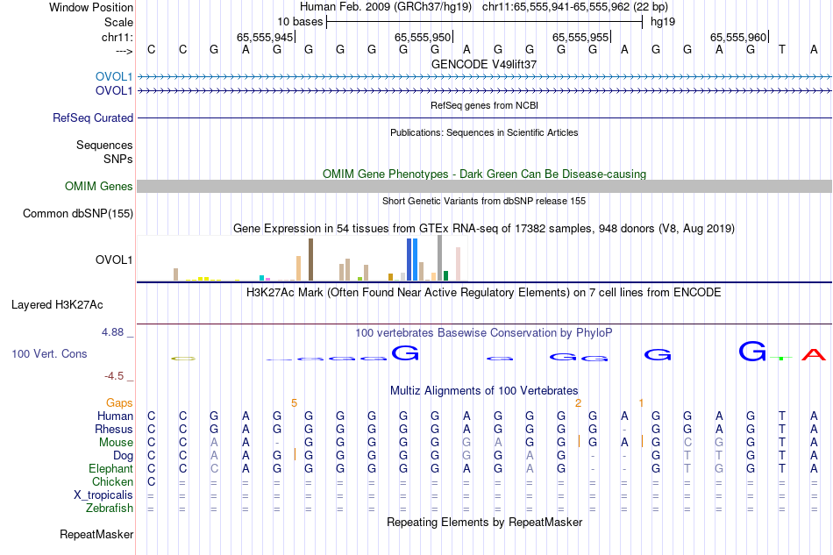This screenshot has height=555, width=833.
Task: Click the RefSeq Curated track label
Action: click(93, 117)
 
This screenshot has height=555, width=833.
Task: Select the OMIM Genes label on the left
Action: click(99, 186)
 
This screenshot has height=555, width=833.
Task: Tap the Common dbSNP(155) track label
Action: click(78, 213)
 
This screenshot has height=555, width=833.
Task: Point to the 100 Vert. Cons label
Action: click(50, 353)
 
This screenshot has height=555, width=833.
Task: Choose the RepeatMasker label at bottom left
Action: click(96, 534)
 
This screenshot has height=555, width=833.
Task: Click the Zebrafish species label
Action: click(110, 508)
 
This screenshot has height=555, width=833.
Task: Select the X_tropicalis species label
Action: click(103, 495)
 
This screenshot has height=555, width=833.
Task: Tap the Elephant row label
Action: click(110, 468)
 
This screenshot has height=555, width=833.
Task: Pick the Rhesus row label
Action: click(114, 430)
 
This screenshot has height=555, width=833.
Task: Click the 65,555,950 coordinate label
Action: click(423, 37)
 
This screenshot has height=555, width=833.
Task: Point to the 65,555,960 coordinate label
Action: click(738, 37)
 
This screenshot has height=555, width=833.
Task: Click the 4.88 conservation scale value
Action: click(113, 332)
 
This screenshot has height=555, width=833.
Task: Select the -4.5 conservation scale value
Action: click(114, 376)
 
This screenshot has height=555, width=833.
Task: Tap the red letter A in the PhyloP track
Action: click(815, 354)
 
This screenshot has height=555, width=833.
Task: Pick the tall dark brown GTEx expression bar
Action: click(310, 260)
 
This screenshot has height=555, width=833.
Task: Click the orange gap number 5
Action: click(295, 402)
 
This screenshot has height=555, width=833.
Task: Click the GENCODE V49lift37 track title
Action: click(484, 64)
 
